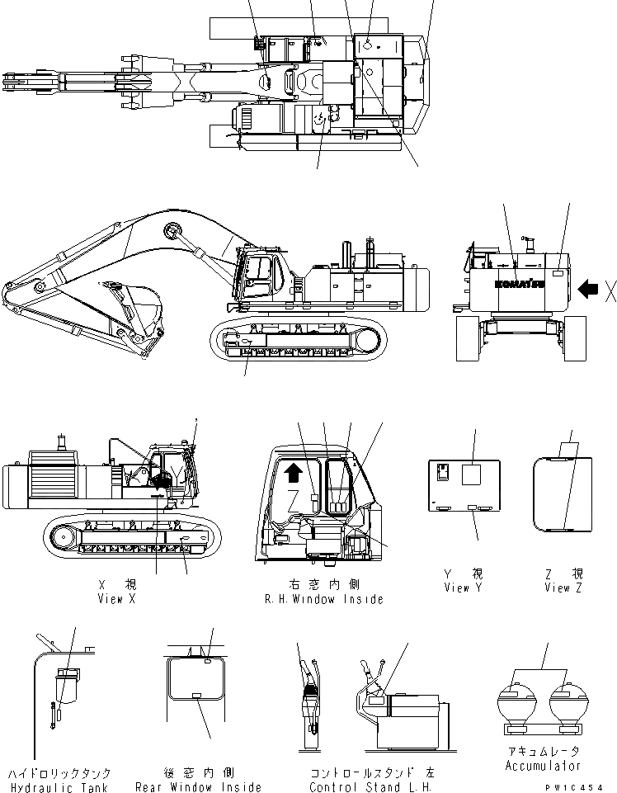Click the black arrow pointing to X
[x=588, y=289]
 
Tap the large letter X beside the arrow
[x=610, y=290]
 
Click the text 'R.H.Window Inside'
[x=324, y=599]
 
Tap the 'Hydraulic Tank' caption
[x=59, y=787]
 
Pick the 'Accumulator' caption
[x=541, y=766]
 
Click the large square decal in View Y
[x=472, y=474]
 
